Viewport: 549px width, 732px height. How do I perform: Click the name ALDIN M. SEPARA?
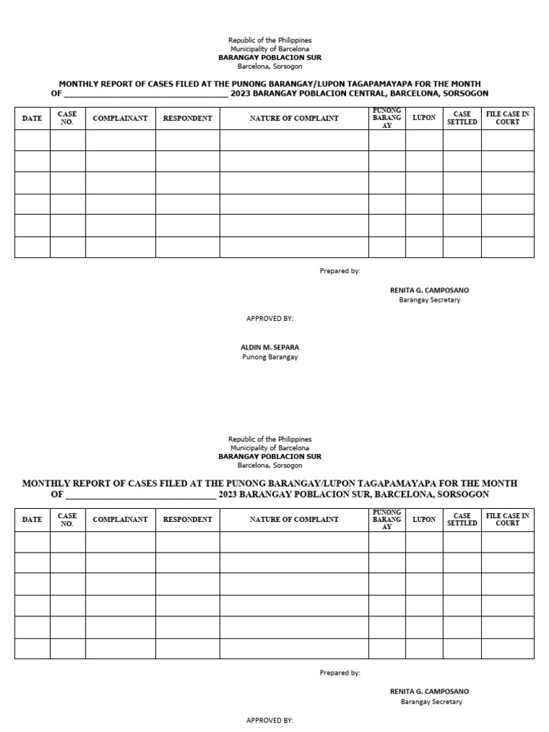tap(269, 347)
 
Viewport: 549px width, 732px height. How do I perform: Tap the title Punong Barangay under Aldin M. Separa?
tap(269, 357)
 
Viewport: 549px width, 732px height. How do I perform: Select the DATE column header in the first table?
tap(32, 118)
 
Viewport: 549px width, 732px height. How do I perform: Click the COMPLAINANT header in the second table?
tap(120, 520)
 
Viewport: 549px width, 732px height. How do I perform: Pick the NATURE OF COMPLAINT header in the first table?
tap(294, 118)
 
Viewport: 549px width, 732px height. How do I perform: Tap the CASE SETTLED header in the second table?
tap(462, 520)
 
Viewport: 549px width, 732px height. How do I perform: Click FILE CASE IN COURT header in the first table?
tap(508, 118)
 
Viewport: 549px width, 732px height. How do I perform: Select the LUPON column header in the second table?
tap(424, 520)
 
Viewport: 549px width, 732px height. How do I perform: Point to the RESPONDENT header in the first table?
tap(187, 118)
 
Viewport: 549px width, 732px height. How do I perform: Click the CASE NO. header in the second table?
tap(67, 520)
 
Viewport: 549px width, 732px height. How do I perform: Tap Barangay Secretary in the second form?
tap(431, 702)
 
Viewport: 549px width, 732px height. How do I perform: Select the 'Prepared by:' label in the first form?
tap(340, 271)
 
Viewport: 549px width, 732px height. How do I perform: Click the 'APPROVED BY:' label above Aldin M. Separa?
tap(269, 318)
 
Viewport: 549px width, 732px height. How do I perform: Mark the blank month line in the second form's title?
tap(140, 495)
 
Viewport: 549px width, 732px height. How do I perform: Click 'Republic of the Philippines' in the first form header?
tap(269, 41)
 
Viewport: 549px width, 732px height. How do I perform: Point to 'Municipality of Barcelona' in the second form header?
tap(269, 447)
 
